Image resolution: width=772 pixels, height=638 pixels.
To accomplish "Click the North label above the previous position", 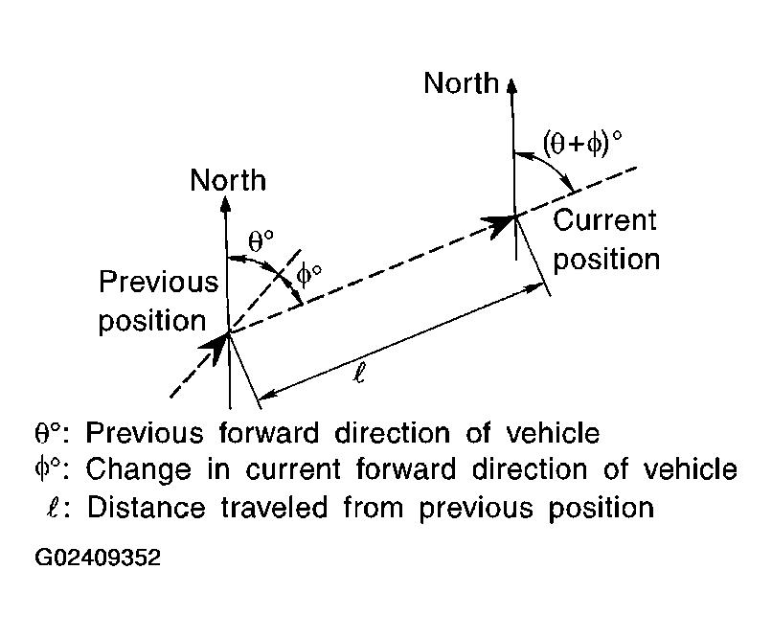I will click(228, 180).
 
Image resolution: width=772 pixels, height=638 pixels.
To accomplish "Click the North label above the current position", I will click(462, 83).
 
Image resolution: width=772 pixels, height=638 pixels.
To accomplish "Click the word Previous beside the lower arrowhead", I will click(159, 284).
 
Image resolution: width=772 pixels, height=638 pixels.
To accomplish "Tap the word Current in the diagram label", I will click(605, 220).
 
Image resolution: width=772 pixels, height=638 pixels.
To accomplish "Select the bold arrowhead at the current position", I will click(500, 225).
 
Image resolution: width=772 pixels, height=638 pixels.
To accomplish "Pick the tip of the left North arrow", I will click(228, 199).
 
